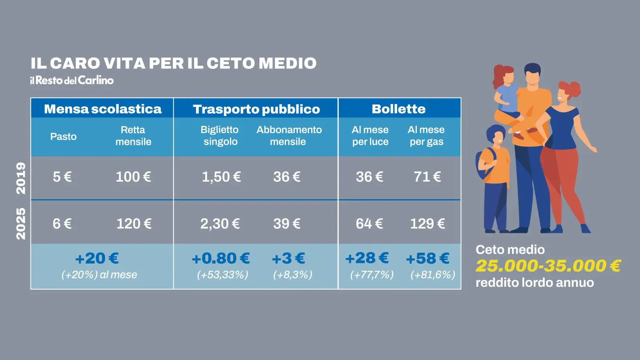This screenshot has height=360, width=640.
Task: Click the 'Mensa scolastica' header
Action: [x=102, y=109]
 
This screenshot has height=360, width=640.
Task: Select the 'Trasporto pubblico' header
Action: [x=256, y=109]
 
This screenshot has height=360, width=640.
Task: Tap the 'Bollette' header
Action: [x=398, y=109]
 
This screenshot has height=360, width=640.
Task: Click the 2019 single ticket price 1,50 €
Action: [x=221, y=177]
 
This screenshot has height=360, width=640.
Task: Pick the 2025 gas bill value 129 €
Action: [x=427, y=224]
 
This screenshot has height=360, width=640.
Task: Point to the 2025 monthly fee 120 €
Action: [x=134, y=224]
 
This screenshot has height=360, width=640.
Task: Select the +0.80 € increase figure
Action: [x=220, y=258]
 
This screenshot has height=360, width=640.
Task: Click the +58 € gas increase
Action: [x=427, y=258]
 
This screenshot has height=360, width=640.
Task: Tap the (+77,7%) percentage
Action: [x=372, y=275]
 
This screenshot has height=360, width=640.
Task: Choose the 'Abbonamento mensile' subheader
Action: [x=289, y=136]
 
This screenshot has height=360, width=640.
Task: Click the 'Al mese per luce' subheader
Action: [x=370, y=136]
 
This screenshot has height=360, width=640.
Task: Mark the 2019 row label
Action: [x=21, y=178]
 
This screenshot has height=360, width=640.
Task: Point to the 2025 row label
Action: [x=21, y=224]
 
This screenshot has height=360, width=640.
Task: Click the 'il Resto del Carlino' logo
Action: [x=72, y=80]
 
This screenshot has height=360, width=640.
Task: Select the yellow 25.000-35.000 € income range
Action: [x=548, y=266]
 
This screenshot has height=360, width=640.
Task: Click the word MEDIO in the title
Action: [x=287, y=63]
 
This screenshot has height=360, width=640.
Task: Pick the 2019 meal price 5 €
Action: [x=62, y=177]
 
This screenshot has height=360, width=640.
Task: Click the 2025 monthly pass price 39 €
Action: [x=286, y=224]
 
